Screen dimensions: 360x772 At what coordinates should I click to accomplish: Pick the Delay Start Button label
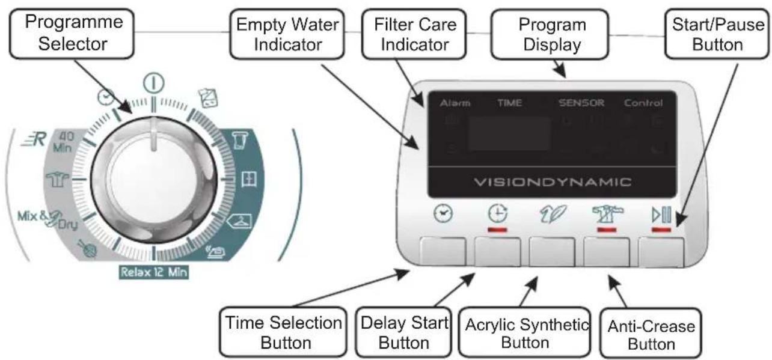tap(403, 332)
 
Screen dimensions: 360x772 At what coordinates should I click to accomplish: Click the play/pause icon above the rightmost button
tap(661, 214)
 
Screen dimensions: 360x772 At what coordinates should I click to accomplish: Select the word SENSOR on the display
tap(581, 103)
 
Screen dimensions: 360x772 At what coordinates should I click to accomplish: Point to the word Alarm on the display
tap(455, 103)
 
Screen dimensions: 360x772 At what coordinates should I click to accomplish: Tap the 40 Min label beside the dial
tap(66, 142)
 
